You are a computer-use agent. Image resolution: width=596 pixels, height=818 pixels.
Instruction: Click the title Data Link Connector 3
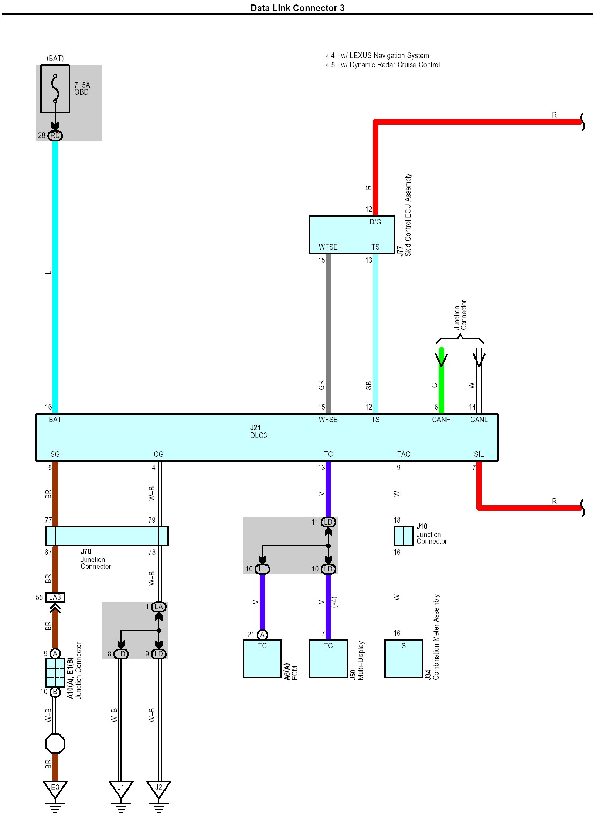point(297,8)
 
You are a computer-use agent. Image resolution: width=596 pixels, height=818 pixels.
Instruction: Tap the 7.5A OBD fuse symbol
point(55,89)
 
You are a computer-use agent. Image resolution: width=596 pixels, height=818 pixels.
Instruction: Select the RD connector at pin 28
point(55,135)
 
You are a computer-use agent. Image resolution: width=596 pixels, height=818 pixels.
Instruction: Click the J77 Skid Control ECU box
point(351,234)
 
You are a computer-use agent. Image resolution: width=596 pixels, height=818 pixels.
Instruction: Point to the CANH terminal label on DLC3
point(441,420)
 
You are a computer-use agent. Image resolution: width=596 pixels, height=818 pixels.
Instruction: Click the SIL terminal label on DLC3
point(478,454)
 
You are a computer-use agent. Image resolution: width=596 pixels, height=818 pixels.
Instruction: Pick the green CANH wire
point(441,384)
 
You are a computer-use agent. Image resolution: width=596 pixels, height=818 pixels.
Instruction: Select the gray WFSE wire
point(328,333)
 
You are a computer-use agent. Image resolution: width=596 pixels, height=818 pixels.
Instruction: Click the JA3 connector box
point(55,597)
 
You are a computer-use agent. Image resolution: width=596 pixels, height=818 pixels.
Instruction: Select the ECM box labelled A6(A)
point(262,659)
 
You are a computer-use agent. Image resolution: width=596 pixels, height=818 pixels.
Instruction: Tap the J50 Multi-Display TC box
point(328,659)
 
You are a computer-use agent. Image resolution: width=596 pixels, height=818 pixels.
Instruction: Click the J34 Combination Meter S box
point(403,659)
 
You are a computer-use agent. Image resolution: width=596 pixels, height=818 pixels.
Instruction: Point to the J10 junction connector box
point(403,536)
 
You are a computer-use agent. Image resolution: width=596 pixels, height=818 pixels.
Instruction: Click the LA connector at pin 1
point(159,607)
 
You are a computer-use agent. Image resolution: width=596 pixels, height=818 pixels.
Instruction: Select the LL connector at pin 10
point(262,569)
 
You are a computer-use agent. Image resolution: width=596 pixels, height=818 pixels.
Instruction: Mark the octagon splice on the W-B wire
point(55,743)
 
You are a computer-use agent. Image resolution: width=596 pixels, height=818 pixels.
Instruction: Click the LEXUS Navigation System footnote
point(380,55)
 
